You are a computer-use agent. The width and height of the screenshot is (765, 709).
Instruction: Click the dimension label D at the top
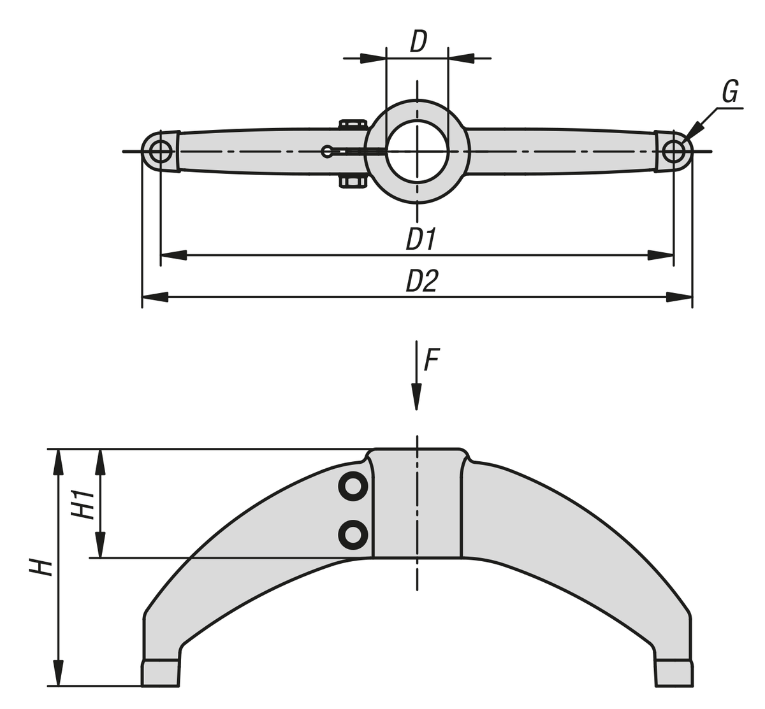(418, 41)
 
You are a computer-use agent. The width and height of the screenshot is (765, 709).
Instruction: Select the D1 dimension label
(421, 240)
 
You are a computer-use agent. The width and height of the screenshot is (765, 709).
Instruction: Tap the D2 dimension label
(421, 281)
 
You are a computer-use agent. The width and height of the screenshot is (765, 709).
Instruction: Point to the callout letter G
(730, 92)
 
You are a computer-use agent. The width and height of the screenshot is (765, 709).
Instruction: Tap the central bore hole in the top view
(417, 151)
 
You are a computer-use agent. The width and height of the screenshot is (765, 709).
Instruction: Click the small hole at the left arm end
(159, 152)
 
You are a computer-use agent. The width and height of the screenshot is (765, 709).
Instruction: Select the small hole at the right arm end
(673, 152)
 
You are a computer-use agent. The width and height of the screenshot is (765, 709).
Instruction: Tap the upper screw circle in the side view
(353, 488)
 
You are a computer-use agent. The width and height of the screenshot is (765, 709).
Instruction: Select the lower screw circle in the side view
(353, 534)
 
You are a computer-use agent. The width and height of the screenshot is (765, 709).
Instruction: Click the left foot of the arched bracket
(160, 673)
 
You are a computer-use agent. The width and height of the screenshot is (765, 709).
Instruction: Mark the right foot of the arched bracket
(673, 673)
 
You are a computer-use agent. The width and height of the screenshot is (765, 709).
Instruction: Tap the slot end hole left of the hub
(328, 151)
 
